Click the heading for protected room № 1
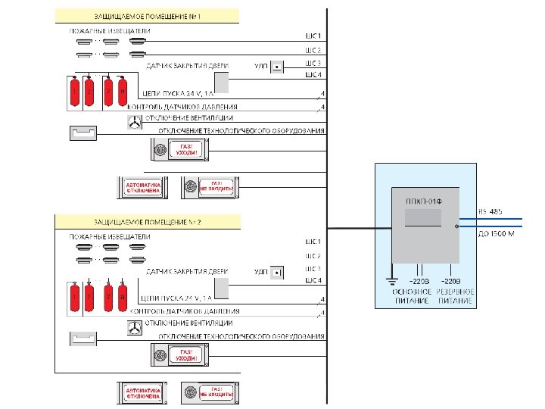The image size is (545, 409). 148,15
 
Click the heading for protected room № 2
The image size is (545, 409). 148,221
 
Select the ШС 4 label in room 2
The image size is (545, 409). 313,281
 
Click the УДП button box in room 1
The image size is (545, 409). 278,67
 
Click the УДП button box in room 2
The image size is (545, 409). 278,272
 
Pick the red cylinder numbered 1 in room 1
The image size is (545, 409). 74,93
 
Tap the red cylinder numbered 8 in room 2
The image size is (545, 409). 123,298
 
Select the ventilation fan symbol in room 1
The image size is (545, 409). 134,121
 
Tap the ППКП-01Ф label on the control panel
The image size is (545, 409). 423,202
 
